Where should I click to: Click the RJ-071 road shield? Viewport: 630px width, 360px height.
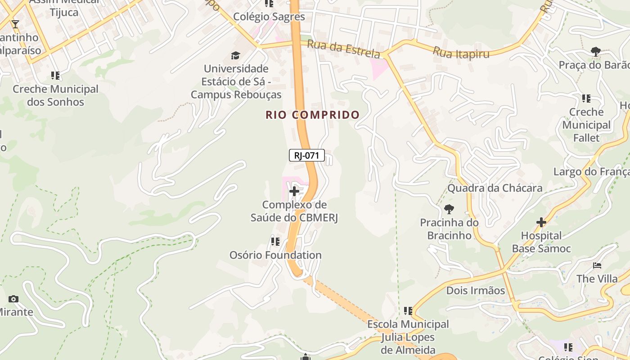(306, 156)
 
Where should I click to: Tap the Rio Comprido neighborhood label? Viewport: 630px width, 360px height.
(312, 115)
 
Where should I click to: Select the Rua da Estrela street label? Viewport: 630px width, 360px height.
(344, 49)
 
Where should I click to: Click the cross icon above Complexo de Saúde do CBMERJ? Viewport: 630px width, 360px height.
(294, 192)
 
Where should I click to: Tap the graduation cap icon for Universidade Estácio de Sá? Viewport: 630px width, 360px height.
(235, 56)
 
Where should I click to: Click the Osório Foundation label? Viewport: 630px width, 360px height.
(275, 255)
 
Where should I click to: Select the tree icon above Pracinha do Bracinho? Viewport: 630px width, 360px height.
(449, 209)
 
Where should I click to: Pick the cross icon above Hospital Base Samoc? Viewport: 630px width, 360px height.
(541, 222)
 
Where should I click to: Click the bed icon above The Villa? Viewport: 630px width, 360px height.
(597, 265)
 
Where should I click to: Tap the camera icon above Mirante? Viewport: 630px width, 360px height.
(13, 299)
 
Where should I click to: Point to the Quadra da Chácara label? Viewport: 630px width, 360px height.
(495, 188)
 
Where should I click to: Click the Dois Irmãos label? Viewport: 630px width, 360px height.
(475, 290)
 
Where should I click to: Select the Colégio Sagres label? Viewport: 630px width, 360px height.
(269, 17)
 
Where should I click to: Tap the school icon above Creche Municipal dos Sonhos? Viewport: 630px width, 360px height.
(55, 76)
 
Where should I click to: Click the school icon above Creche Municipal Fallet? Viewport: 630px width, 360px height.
(586, 98)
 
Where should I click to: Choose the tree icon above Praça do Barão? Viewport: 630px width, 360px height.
(596, 52)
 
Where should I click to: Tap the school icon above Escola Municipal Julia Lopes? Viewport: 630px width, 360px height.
(408, 310)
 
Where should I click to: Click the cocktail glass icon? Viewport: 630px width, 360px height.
(15, 24)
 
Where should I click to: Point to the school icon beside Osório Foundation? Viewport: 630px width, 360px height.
(275, 242)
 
